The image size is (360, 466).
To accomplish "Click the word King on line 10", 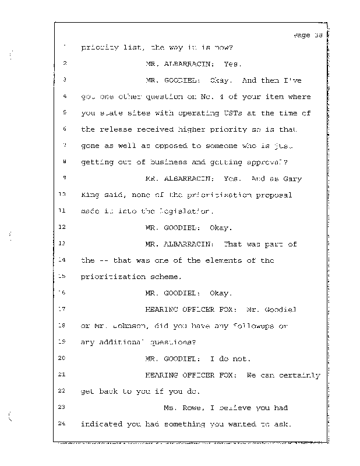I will tap(89, 195).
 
